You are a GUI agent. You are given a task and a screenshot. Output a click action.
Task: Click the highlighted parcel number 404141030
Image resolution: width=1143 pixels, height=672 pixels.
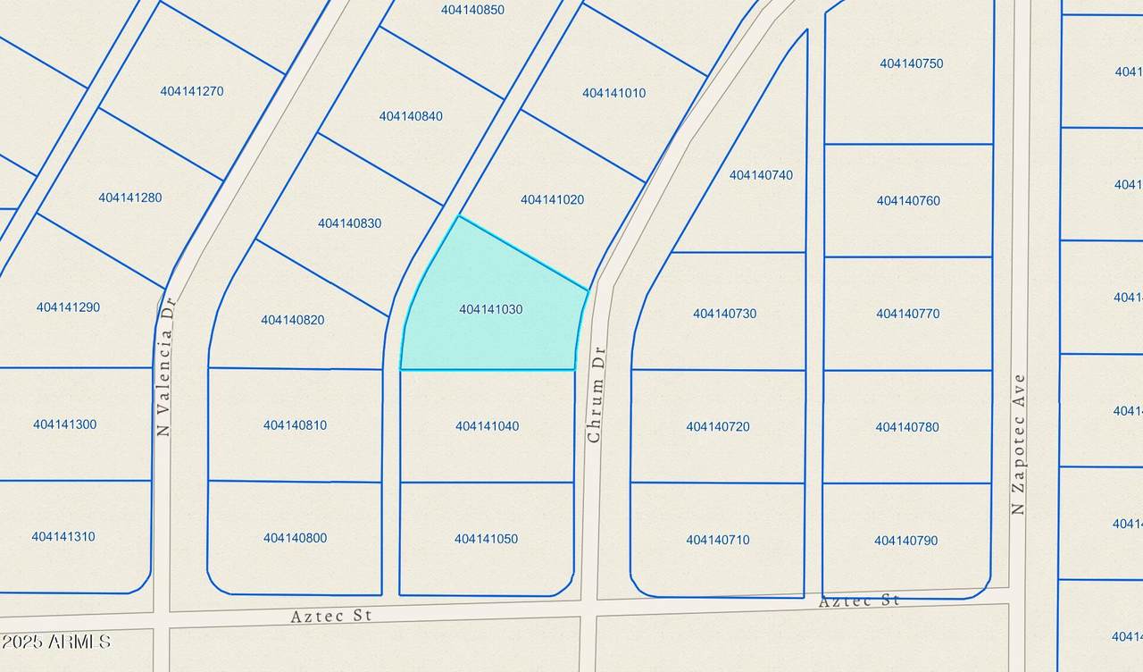pos(490,309)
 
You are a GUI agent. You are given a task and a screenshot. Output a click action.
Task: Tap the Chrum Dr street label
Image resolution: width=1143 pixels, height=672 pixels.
pos(596,394)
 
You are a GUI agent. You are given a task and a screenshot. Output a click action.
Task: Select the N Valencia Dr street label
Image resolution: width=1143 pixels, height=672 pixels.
pos(163,366)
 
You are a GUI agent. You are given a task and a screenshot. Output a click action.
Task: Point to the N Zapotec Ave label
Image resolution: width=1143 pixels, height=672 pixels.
pos(1018,444)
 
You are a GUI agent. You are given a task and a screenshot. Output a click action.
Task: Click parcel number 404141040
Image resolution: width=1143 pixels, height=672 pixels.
pos(487,426)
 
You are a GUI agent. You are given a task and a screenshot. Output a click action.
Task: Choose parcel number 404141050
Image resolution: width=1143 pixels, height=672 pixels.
pos(486,539)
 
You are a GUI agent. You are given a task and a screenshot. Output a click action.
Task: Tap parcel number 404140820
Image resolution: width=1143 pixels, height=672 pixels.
pos(293,320)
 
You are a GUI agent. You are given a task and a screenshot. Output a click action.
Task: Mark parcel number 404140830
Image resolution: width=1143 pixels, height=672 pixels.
pos(349,223)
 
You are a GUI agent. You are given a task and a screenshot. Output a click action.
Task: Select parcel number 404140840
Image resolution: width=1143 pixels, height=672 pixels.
pos(411,116)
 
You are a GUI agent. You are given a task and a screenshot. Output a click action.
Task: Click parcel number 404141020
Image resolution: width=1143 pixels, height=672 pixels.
pos(552,200)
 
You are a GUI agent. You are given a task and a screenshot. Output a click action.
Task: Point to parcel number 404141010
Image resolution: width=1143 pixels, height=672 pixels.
pos(613,93)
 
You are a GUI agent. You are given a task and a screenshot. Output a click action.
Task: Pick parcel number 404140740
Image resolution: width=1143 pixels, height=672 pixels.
pos(761,175)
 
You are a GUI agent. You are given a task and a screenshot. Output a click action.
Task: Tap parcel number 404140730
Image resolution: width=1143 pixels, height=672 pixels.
pos(724,314)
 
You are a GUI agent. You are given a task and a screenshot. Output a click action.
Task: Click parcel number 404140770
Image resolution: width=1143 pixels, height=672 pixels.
pos(907,314)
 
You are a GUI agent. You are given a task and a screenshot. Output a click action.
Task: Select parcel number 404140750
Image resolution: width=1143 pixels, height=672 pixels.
pos(911,63)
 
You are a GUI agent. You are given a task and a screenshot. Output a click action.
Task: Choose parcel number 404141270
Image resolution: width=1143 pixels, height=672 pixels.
pos(192,91)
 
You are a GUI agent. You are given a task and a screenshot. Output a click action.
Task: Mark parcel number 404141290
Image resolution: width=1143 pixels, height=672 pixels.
pos(68,307)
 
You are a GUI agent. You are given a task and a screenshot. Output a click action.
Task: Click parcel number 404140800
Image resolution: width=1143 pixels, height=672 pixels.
pos(295,538)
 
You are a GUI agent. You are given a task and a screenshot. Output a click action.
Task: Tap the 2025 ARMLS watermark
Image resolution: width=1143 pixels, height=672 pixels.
pos(55,642)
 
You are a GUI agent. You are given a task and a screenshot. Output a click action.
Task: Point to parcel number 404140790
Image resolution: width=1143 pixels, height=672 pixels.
pos(905,541)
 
